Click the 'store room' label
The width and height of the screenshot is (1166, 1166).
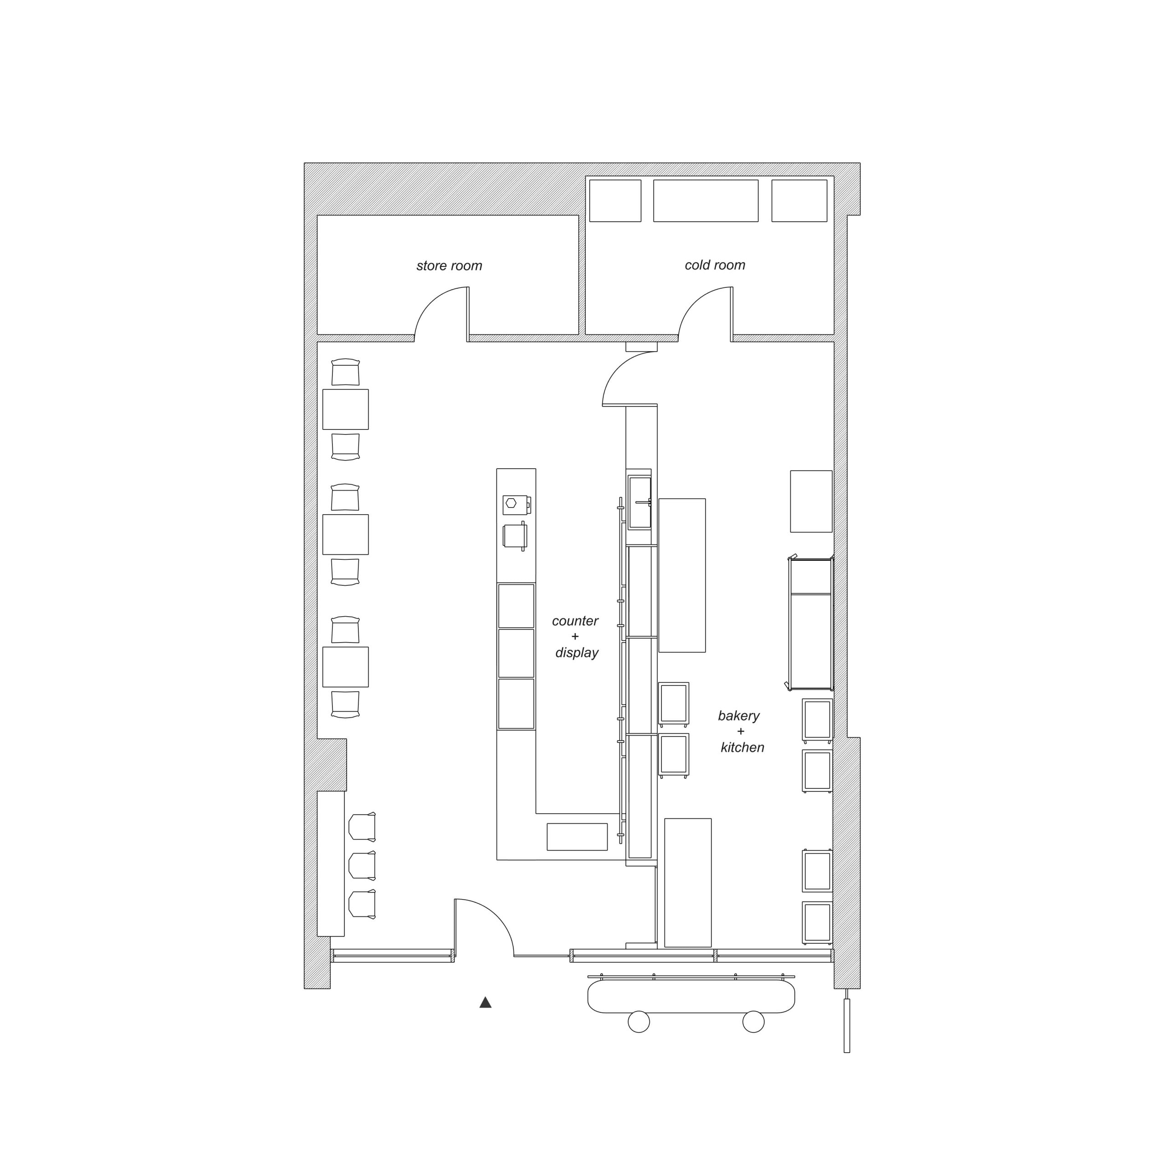pyautogui.click(x=449, y=266)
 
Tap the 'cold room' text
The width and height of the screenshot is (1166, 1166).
pyautogui.click(x=715, y=265)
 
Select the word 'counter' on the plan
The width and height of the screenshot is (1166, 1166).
pyautogui.click(x=575, y=620)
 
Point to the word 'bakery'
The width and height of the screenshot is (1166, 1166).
pyautogui.click(x=739, y=716)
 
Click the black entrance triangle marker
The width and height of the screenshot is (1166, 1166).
pyautogui.click(x=485, y=1002)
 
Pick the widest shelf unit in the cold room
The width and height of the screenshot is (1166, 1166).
pyautogui.click(x=706, y=200)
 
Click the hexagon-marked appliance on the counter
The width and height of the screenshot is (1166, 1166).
pyautogui.click(x=516, y=505)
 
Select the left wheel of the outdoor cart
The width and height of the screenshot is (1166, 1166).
pyautogui.click(x=639, y=1022)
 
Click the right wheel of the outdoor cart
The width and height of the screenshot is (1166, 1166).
pyautogui.click(x=753, y=1022)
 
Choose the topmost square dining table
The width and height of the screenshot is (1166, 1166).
pyautogui.click(x=345, y=409)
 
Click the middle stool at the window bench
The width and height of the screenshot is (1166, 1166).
pyautogui.click(x=362, y=865)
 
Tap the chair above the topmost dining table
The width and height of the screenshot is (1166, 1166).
pyautogui.click(x=345, y=372)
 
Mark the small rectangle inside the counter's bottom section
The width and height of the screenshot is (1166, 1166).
pyautogui.click(x=577, y=837)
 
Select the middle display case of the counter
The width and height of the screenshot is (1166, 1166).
pyautogui.click(x=516, y=653)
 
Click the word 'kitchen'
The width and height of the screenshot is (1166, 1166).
pyautogui.click(x=742, y=747)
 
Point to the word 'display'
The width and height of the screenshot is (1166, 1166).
pyautogui.click(x=577, y=652)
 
